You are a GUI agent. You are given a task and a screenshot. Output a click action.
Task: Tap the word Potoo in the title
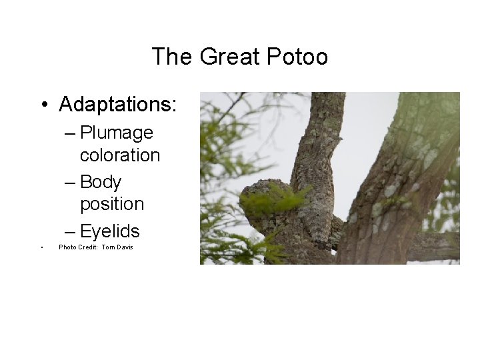point(297,57)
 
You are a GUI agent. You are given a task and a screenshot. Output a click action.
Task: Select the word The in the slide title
point(173,57)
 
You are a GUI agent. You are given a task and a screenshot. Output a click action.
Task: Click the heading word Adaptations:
point(118,105)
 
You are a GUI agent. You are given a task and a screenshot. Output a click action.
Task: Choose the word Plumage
point(116,133)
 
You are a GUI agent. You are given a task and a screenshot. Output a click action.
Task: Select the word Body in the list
point(101,182)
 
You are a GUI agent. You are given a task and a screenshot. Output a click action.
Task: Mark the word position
point(112,203)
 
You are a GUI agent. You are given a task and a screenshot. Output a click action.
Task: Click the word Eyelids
point(109,231)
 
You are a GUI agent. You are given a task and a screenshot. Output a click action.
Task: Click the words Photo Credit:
point(78,247)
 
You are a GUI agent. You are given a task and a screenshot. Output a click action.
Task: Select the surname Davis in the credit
point(125,247)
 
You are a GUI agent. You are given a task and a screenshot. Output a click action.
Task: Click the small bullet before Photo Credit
point(41,248)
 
